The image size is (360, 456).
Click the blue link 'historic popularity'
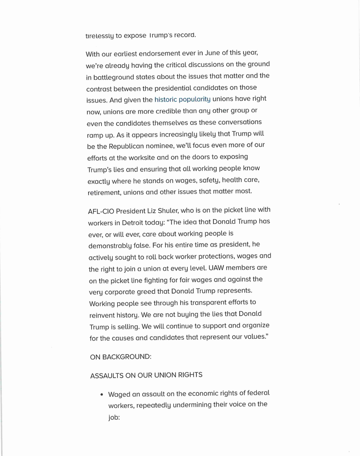[x=183, y=99]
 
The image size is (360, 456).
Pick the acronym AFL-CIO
[x=102, y=210]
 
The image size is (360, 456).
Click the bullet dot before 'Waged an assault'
[x=102, y=394]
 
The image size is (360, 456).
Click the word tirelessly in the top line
[x=100, y=35]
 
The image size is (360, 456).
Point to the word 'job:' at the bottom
[x=114, y=419]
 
